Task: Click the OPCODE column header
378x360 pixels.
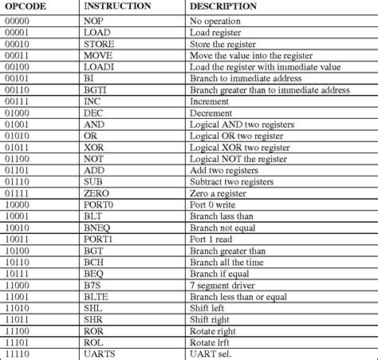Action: pyautogui.click(x=26, y=6)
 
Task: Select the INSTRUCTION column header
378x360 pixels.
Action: pyautogui.click(x=117, y=6)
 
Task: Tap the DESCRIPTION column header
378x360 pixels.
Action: pyautogui.click(x=223, y=6)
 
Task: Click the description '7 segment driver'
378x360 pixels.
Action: pyautogui.click(x=222, y=287)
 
